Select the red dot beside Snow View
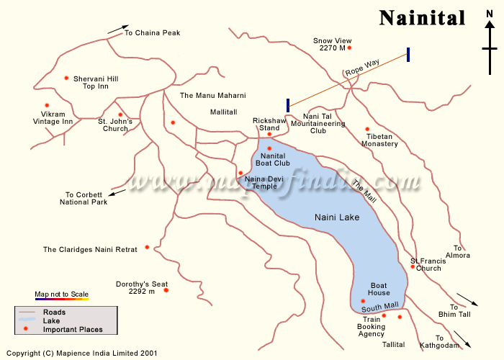click(x=349, y=48)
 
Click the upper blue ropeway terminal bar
click(x=408, y=55)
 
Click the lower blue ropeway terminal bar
click(x=288, y=105)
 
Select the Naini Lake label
click(x=336, y=217)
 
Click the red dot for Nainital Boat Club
click(x=269, y=148)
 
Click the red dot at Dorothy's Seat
click(x=166, y=290)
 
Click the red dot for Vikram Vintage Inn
click(x=47, y=105)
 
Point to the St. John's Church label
click(x=115, y=125)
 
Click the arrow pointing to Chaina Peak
click(x=114, y=31)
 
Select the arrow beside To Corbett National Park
click(x=117, y=192)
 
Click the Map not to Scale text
click(x=61, y=294)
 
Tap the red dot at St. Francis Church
click(x=413, y=267)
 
